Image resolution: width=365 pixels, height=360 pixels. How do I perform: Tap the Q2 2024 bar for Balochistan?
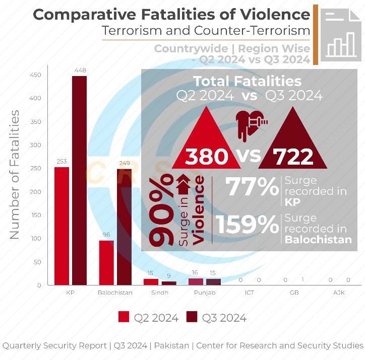point(106,262)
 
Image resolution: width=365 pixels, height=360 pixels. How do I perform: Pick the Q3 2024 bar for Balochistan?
point(124,227)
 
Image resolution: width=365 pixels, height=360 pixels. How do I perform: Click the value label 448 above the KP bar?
point(79,70)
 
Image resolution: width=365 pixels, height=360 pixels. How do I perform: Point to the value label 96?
point(106,235)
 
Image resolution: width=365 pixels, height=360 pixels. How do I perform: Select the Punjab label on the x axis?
point(205,293)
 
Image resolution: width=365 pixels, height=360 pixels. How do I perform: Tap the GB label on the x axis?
point(293,293)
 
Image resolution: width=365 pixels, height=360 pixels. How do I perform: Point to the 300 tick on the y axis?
point(37,145)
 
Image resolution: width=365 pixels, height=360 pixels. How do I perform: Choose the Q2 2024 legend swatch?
point(124,317)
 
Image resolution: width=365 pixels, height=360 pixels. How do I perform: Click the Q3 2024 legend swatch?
point(192,317)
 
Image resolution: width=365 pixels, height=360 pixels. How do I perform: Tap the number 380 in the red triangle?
point(206,157)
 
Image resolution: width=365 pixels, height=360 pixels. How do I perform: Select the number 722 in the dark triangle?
point(293,157)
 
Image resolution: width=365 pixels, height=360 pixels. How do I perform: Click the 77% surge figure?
point(252,187)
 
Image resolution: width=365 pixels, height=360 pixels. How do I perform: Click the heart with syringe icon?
point(251,123)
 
